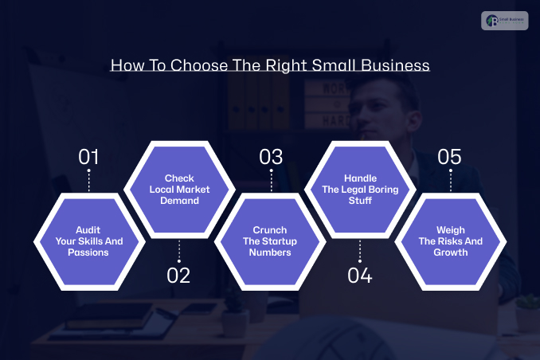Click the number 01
pos(88,157)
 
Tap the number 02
pos(179,276)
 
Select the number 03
pos(271,157)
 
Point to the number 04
pos(360,276)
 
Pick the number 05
pos(450,157)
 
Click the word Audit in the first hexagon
pos(88,230)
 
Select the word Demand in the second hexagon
pos(179,201)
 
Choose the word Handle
pos(360,178)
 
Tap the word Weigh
pos(451,230)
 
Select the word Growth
pos(451,252)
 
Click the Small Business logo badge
pos(504,21)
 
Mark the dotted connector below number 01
pos(88,181)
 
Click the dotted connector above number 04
pos(360,252)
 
